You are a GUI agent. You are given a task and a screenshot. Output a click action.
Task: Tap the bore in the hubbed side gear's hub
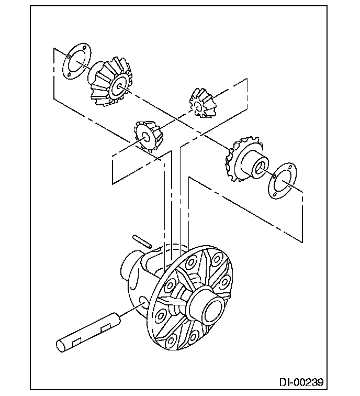click(260, 167)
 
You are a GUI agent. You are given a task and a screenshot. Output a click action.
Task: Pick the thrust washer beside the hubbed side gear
click(283, 181)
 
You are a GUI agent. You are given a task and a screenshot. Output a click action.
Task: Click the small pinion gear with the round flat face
click(147, 136)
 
